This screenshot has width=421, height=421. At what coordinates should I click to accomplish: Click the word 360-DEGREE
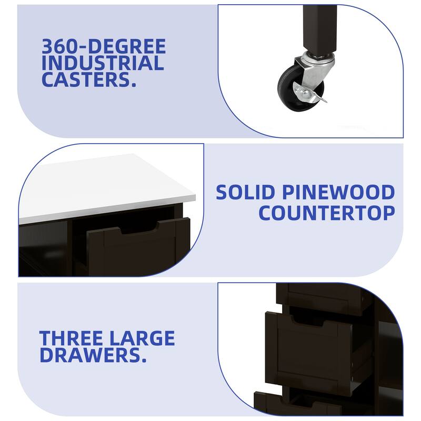104,46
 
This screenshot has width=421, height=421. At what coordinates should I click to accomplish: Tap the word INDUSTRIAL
103,63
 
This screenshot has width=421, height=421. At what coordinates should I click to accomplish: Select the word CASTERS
89,80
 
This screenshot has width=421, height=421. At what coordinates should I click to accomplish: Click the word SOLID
245,192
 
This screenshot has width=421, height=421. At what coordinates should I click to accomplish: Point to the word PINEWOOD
338,192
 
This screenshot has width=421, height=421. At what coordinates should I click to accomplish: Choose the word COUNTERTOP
327,213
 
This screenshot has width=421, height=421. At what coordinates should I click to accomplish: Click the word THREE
71,338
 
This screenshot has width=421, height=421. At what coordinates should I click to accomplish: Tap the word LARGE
142,338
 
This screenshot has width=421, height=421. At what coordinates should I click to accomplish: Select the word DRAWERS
93,355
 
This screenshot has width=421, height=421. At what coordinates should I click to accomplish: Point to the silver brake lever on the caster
312,95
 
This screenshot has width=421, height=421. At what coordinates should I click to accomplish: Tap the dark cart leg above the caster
319,29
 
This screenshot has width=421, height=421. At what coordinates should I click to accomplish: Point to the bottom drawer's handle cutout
300,403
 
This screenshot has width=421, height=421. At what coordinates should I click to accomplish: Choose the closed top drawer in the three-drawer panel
322,295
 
